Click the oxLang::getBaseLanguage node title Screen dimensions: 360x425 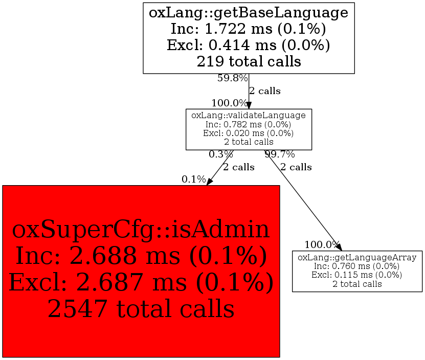[x=249, y=12]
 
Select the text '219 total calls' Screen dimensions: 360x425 [x=249, y=61]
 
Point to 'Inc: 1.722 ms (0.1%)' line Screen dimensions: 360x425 [x=249, y=29]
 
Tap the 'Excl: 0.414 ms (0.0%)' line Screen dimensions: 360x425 [x=249, y=45]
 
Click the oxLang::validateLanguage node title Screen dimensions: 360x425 [x=249, y=116]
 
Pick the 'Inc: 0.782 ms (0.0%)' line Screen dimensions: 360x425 [x=249, y=124]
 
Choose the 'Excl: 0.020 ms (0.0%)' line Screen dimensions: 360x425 [x=249, y=133]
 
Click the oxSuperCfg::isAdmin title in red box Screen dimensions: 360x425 [x=141, y=230]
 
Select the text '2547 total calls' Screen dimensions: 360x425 [x=141, y=308]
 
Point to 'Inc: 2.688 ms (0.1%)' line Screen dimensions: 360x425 [x=141, y=256]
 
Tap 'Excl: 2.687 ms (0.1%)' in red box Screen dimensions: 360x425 [x=141, y=282]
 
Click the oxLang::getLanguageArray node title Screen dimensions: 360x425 [x=357, y=257]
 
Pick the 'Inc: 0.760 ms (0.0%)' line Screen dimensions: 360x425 [x=357, y=266]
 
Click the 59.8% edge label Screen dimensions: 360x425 [x=233, y=78]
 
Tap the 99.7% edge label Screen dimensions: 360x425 [x=279, y=154]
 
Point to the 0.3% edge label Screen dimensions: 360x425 [x=220, y=154]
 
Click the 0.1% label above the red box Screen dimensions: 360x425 [x=193, y=179]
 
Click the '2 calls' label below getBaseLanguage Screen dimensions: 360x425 [x=264, y=92]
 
